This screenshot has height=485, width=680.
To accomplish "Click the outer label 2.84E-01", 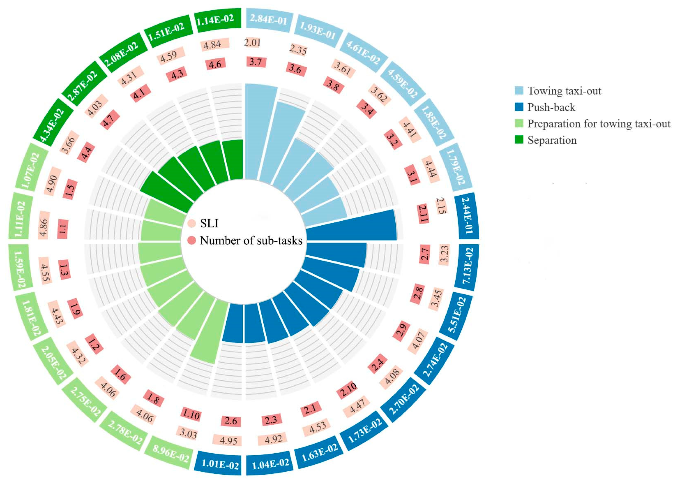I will (268, 20).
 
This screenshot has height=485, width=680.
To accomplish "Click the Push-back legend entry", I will (551, 107).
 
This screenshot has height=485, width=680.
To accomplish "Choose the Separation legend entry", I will (552, 140).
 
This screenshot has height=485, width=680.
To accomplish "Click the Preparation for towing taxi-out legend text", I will (599, 124).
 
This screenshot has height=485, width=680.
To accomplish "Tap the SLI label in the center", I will (209, 223).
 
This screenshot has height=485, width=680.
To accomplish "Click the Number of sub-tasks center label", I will (251, 240).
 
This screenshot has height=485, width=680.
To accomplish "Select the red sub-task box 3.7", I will (256, 62).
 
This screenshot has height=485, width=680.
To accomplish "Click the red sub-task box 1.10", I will (191, 415).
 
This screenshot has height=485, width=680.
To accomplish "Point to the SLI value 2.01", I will (252, 42).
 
